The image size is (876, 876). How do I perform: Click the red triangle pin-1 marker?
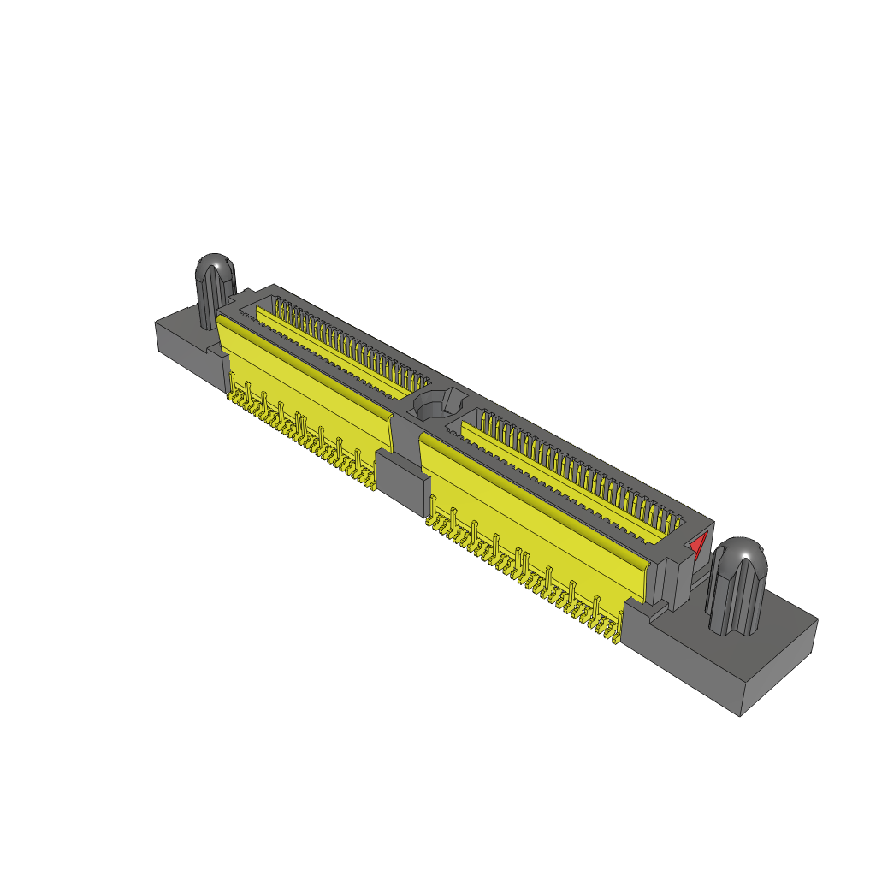point(699,544)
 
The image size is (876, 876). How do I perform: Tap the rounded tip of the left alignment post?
point(216,267)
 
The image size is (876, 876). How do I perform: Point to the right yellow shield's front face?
point(530,522)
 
